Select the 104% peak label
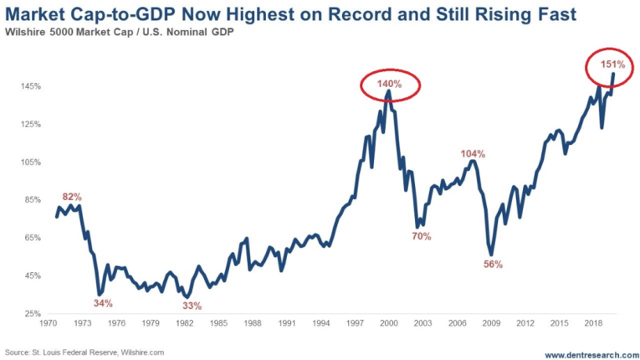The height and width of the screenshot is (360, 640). pyautogui.click(x=473, y=154)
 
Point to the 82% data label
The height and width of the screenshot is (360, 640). pyautogui.click(x=72, y=196)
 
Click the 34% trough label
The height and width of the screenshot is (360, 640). pyautogui.click(x=103, y=303)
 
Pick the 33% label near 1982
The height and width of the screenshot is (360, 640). pyautogui.click(x=192, y=306)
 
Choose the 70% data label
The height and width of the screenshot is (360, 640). pyautogui.click(x=421, y=236)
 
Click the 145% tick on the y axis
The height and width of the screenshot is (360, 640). pyautogui.click(x=30, y=86)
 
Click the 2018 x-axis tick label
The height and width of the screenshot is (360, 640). pyautogui.click(x=593, y=322)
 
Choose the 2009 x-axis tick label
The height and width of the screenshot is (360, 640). pyautogui.click(x=493, y=322)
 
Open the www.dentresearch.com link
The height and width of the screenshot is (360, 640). pyautogui.click(x=586, y=353)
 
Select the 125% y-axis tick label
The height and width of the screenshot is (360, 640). pyautogui.click(x=30, y=124)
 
